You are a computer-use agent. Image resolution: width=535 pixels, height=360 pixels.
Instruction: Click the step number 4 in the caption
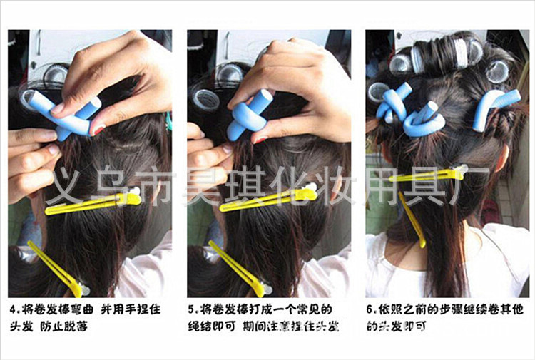pyautogui.click(x=13, y=311)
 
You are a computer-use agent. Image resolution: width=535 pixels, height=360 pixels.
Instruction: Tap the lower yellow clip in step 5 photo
pyautogui.click(x=235, y=267)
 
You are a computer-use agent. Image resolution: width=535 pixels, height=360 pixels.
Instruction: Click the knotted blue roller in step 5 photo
pyautogui.click(x=246, y=114)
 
